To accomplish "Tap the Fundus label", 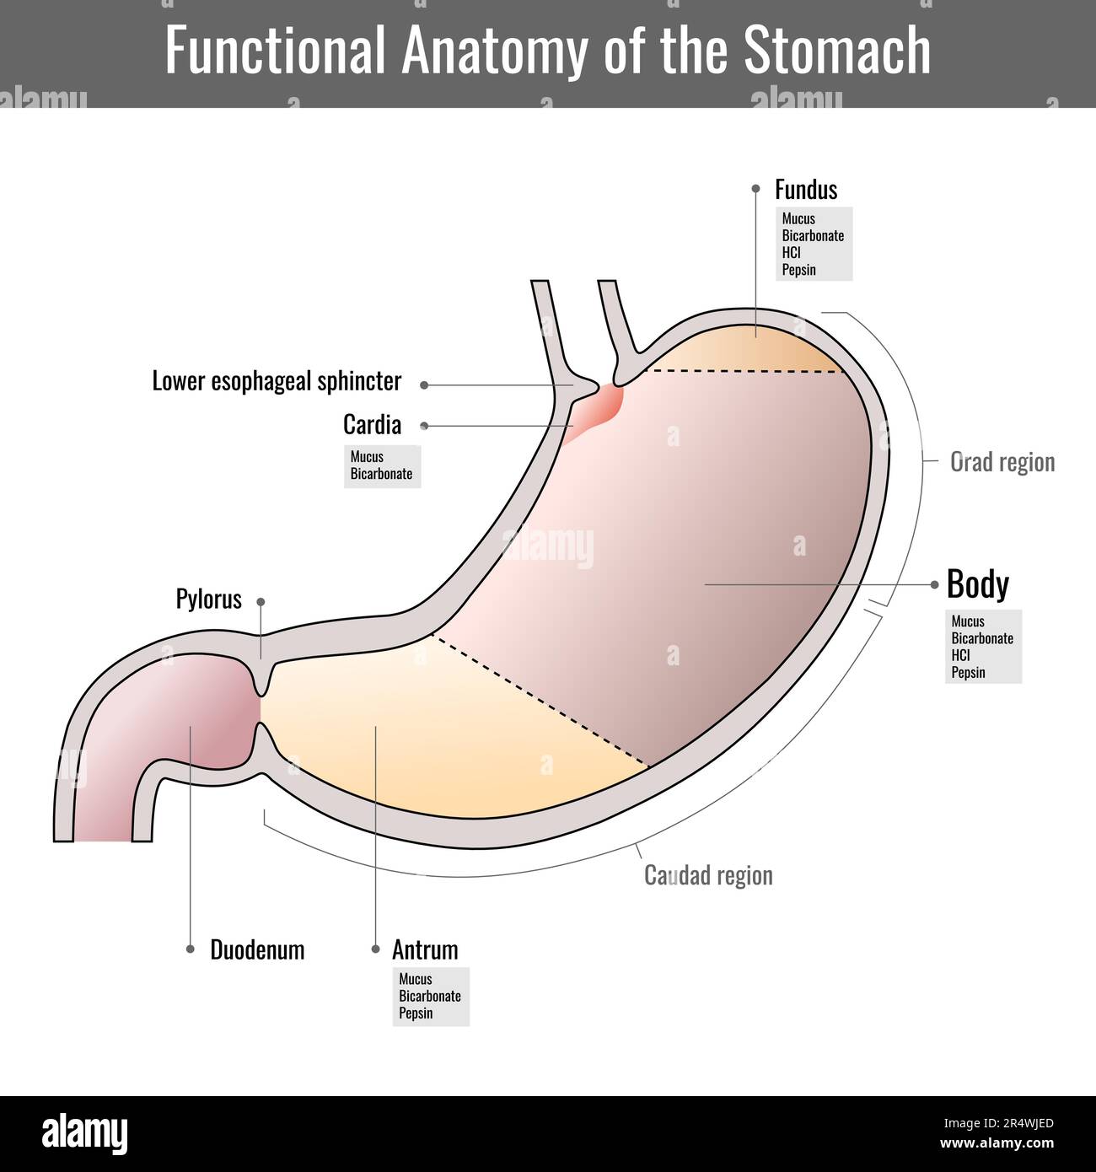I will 806,190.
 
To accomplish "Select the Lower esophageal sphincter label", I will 277,381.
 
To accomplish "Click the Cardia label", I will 372,424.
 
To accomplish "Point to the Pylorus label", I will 208,599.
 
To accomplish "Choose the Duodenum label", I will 257,950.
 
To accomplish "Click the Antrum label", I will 425,950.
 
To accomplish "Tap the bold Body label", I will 977,584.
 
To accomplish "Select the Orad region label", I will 1002,462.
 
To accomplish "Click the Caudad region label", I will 708,875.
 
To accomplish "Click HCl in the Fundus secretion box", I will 791,253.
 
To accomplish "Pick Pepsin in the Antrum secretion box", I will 416,1013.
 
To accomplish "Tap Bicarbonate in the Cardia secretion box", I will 381,474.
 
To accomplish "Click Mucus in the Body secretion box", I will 968,621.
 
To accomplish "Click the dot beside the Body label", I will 934,584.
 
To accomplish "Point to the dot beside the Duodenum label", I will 191,949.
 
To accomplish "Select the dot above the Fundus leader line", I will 756,190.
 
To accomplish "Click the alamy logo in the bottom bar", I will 85,1134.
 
